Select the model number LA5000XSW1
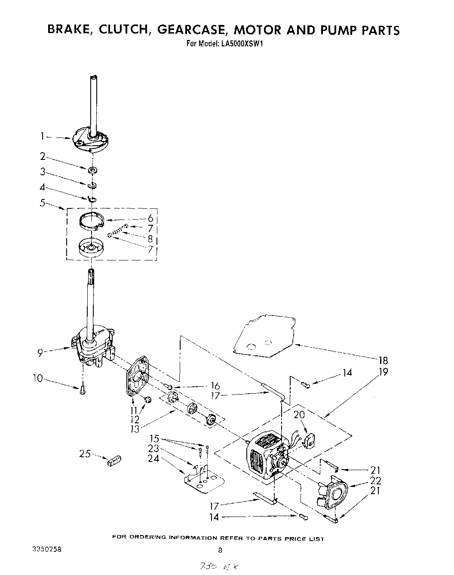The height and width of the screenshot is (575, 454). [x=238, y=43]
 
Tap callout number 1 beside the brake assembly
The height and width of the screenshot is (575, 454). [x=43, y=137]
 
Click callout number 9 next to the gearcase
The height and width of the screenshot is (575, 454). [x=40, y=353]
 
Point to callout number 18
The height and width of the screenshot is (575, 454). [x=381, y=361]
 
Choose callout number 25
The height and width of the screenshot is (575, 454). [x=85, y=453]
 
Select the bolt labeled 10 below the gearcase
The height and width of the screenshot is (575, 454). [x=83, y=390]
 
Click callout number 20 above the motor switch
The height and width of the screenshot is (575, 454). [x=299, y=414]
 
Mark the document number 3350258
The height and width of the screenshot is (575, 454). [x=46, y=550]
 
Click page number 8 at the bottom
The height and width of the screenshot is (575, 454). [x=220, y=550]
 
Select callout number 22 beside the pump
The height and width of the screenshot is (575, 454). [x=375, y=481]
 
